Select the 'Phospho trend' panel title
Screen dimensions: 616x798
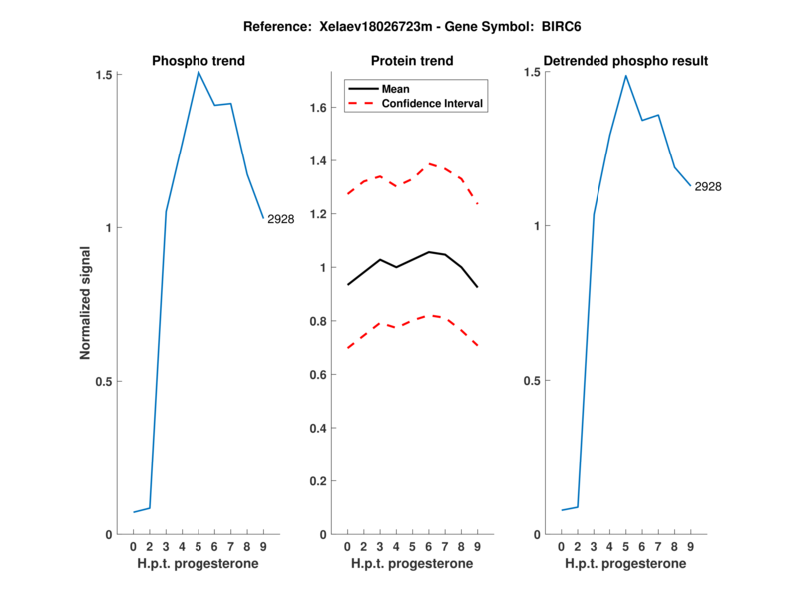[x=199, y=61]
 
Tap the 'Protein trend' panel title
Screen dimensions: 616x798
[x=412, y=61]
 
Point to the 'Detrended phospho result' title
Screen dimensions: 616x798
[x=625, y=61]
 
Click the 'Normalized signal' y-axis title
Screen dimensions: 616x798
[x=86, y=304]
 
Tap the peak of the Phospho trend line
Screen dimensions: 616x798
[x=199, y=71]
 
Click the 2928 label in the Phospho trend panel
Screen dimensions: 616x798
[x=280, y=219]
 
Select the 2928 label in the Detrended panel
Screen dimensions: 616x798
[x=708, y=187]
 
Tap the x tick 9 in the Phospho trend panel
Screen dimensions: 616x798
[x=263, y=547]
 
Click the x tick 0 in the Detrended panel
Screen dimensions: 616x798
[x=562, y=547]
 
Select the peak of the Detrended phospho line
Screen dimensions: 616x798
[x=626, y=76]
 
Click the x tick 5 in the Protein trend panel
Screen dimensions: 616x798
[x=412, y=547]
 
